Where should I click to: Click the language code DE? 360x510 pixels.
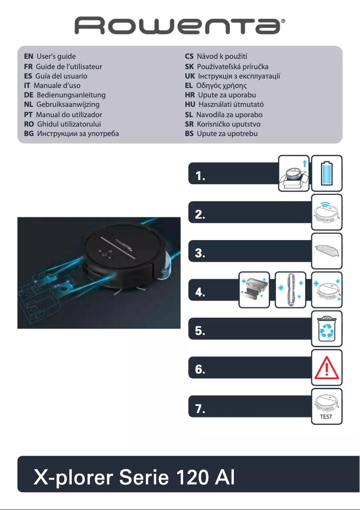(29, 95)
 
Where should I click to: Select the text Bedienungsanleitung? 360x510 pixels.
(71, 95)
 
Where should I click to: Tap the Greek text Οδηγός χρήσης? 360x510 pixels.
(222, 85)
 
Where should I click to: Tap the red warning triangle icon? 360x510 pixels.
(327, 365)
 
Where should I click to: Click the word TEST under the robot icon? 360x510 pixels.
(326, 417)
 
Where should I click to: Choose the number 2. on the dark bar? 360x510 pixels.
(201, 215)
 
